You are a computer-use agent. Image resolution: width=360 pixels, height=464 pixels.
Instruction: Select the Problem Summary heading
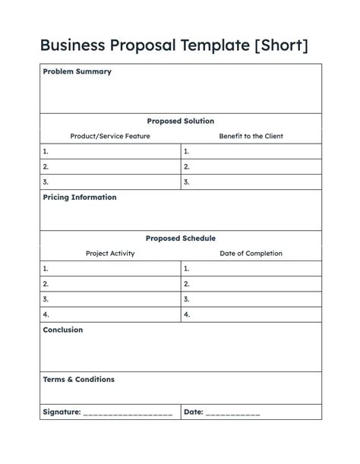(77, 71)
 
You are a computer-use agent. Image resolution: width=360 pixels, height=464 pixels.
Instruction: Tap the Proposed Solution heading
(180, 121)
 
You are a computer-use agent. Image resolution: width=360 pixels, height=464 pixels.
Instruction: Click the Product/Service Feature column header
(110, 136)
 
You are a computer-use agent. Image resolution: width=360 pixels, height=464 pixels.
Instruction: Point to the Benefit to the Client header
(251, 136)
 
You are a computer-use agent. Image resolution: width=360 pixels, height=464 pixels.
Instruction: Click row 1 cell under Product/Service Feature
(110, 151)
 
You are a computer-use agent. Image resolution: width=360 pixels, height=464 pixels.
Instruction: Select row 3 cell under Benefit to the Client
(251, 181)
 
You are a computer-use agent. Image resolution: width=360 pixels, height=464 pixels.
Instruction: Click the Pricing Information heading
(80, 197)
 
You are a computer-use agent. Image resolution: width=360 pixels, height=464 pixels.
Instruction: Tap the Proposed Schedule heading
(180, 238)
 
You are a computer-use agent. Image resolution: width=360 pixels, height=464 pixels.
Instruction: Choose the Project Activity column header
(110, 254)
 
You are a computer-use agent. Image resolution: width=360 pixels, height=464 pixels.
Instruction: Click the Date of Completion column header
(251, 254)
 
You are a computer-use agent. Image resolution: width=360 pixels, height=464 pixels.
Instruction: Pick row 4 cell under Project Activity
(110, 314)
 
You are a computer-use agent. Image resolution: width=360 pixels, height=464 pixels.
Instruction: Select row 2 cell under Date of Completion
(251, 283)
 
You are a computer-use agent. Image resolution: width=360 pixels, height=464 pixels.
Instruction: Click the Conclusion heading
(63, 330)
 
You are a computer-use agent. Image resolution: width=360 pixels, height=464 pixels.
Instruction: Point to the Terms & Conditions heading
(78, 379)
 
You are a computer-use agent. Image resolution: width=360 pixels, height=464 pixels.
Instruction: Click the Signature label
(62, 412)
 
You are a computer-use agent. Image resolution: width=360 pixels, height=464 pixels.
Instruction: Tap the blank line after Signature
(128, 413)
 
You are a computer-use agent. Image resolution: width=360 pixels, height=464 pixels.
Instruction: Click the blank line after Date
(232, 413)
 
